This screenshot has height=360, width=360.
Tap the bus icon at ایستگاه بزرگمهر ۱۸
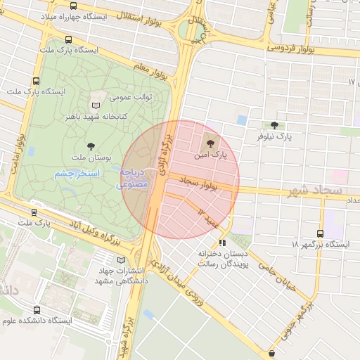point(321,233)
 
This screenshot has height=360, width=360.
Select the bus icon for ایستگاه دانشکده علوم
point(37,309)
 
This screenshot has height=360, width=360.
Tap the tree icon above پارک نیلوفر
point(274,124)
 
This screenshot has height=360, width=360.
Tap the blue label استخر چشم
point(77,173)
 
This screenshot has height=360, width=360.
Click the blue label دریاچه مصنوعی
point(133,178)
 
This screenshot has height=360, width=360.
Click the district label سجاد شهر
point(315,191)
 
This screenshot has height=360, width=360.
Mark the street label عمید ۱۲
point(208,217)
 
